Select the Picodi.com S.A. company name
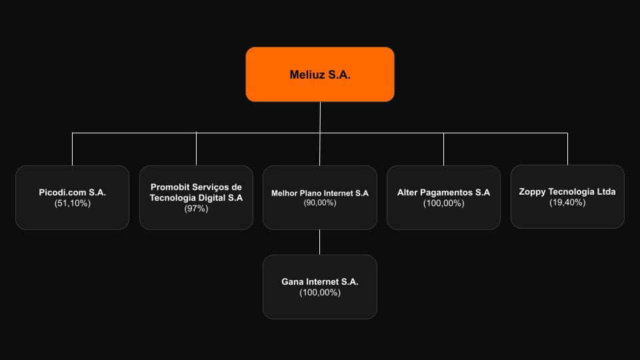coord(72,193)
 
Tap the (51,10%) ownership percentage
coord(72,203)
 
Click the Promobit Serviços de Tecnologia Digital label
coord(196,193)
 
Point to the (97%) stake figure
coord(196,209)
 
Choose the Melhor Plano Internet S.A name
coord(320,193)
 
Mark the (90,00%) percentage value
coord(320,203)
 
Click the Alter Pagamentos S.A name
coord(443,193)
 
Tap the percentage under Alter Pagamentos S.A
coord(443,203)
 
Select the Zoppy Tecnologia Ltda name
coord(567,192)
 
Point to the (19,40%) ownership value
coord(567,203)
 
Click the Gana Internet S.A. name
coord(320,282)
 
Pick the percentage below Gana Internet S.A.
coord(320,293)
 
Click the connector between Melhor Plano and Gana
coord(320,242)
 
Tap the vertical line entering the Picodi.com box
coord(72,149)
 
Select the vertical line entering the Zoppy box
coord(567,149)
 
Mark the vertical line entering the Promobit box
coord(196,149)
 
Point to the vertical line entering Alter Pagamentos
coord(443,149)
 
